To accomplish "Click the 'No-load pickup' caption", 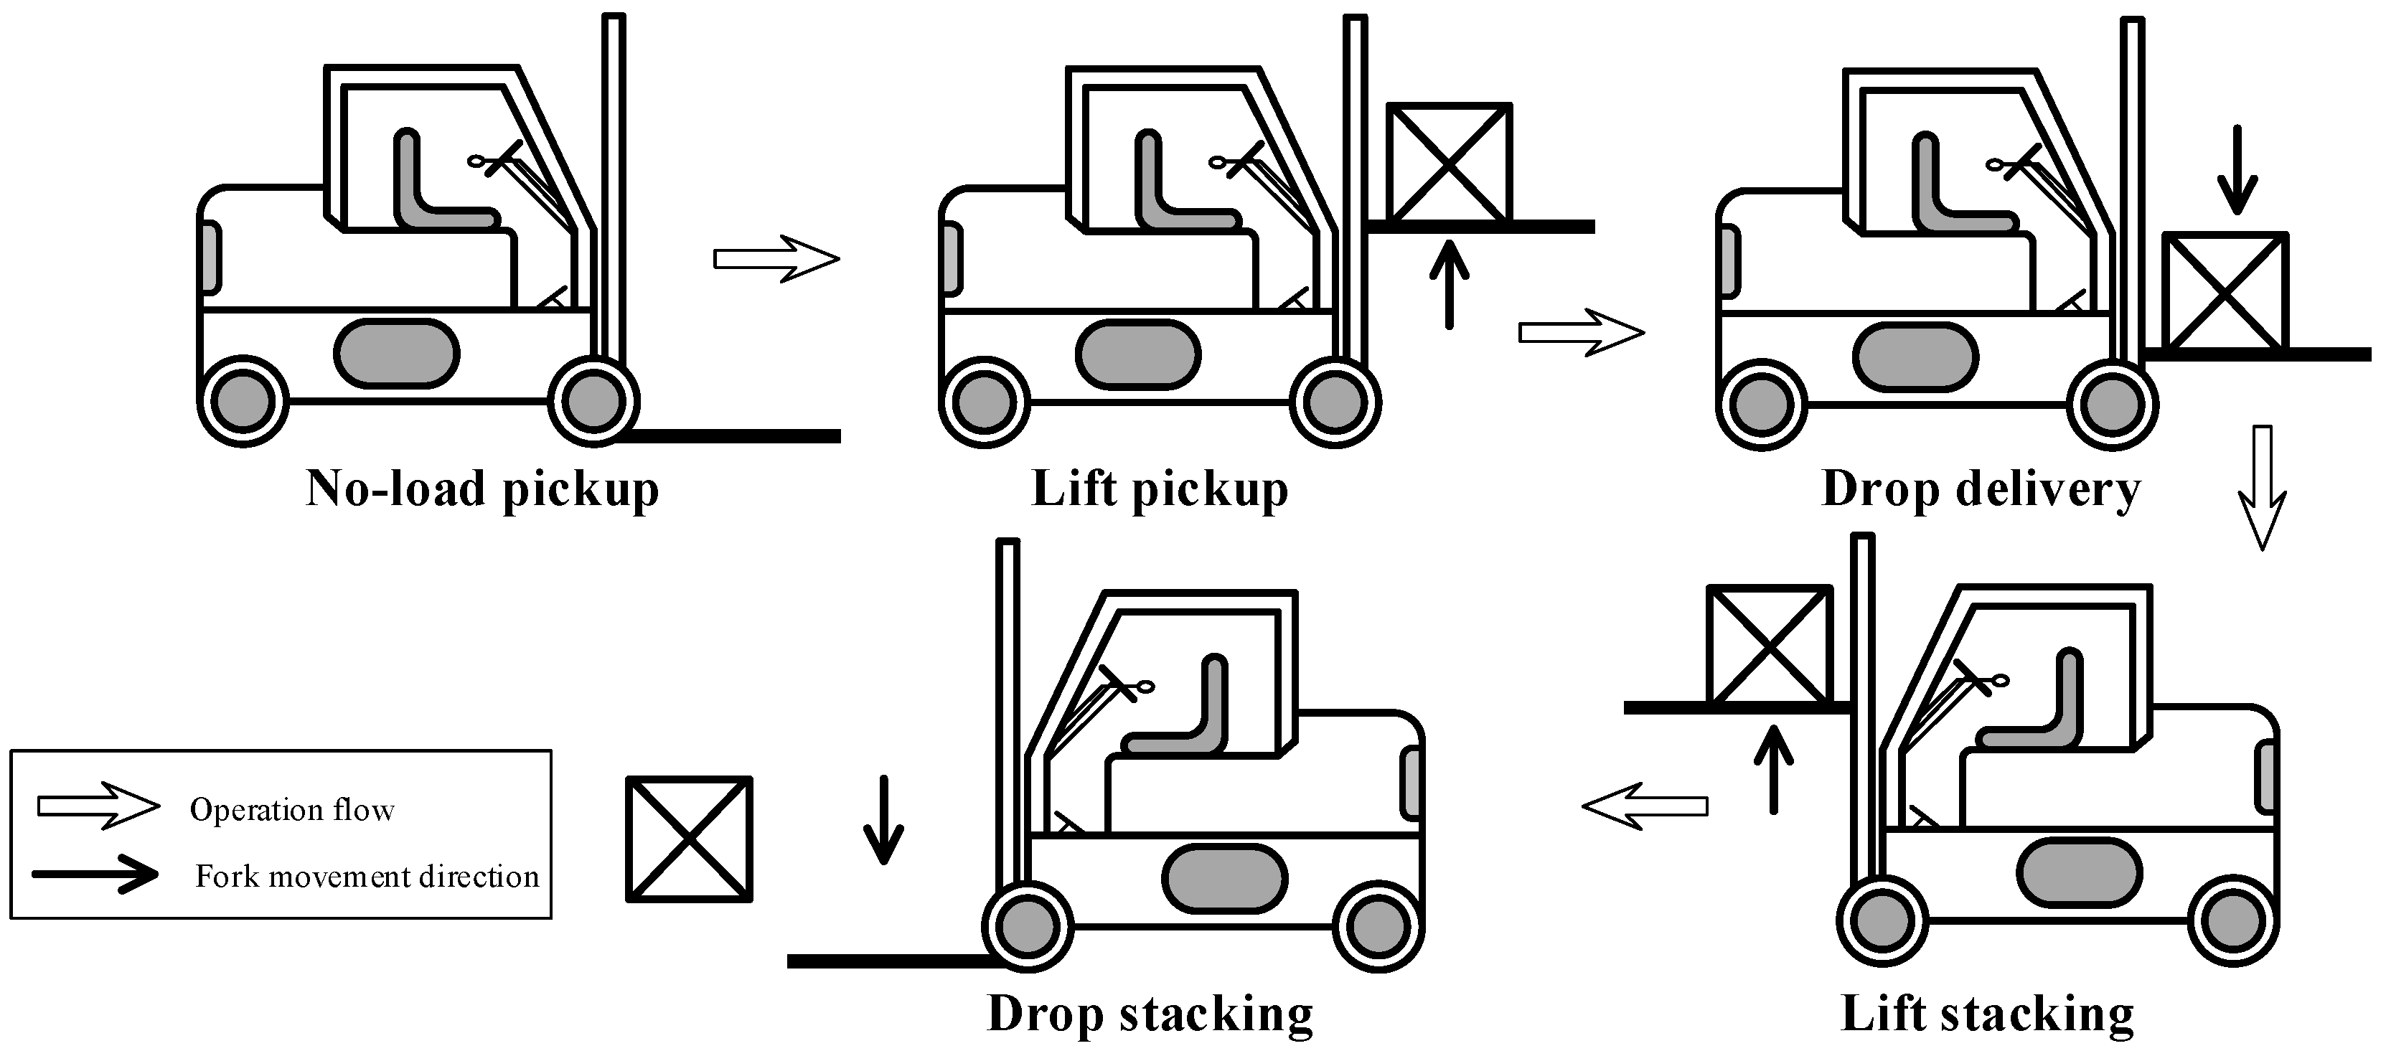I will coord(482,489).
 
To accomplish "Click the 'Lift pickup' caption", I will coord(1159,489).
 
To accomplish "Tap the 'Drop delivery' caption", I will coord(1981,489).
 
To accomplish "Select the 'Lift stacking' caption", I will coord(1987,1014).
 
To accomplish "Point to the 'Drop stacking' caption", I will coord(1150,1014).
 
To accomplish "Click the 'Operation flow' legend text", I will coord(292,810).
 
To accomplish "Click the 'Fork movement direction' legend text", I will coord(367,877).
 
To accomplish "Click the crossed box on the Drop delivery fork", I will coord(2225,293).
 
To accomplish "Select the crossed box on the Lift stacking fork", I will coord(1769,646).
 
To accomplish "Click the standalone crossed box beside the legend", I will coord(689,839).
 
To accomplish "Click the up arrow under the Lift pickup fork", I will coord(1449,283).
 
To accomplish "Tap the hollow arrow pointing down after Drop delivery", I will coord(2262,487).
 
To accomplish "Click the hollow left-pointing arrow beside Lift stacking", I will coord(1645,806).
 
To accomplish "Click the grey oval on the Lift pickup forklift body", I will coord(1138,354).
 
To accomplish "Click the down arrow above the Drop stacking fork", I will coord(883,819).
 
